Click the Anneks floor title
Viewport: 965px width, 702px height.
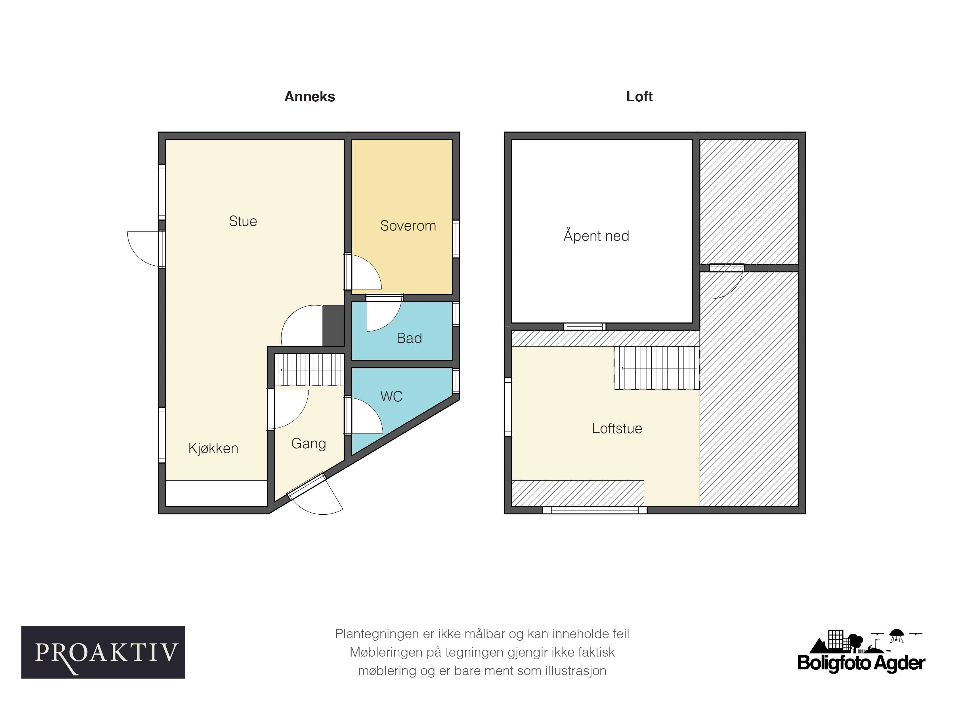[310, 97]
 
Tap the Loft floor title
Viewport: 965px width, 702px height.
[639, 97]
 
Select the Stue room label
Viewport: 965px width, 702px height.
[243, 221]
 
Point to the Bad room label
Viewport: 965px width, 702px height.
[409, 338]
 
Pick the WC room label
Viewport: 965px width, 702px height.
[391, 397]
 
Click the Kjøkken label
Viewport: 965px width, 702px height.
[213, 449]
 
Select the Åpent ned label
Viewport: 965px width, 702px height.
[596, 235]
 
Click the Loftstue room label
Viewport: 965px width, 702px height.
[617, 428]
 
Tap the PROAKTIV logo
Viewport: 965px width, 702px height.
[103, 652]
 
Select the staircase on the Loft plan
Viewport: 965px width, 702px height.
[656, 368]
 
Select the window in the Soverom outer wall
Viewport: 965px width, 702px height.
[456, 239]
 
